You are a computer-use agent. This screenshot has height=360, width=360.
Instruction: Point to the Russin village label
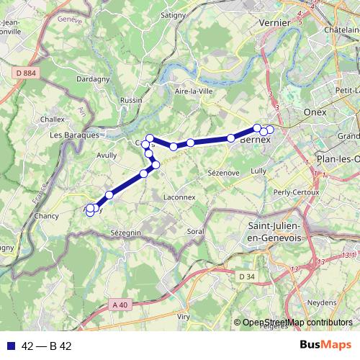pos(132,100)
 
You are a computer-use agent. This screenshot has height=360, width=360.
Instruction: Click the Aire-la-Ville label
pos(191,91)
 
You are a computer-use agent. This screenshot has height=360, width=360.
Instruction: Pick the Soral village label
pos(195,231)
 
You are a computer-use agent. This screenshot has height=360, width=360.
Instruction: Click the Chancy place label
pos(46,216)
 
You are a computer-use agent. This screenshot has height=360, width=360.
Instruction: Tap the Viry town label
pos(184,315)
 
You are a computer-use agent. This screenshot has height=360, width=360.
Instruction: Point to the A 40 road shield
pos(120,305)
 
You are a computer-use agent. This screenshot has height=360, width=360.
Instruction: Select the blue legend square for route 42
pos(12,346)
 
